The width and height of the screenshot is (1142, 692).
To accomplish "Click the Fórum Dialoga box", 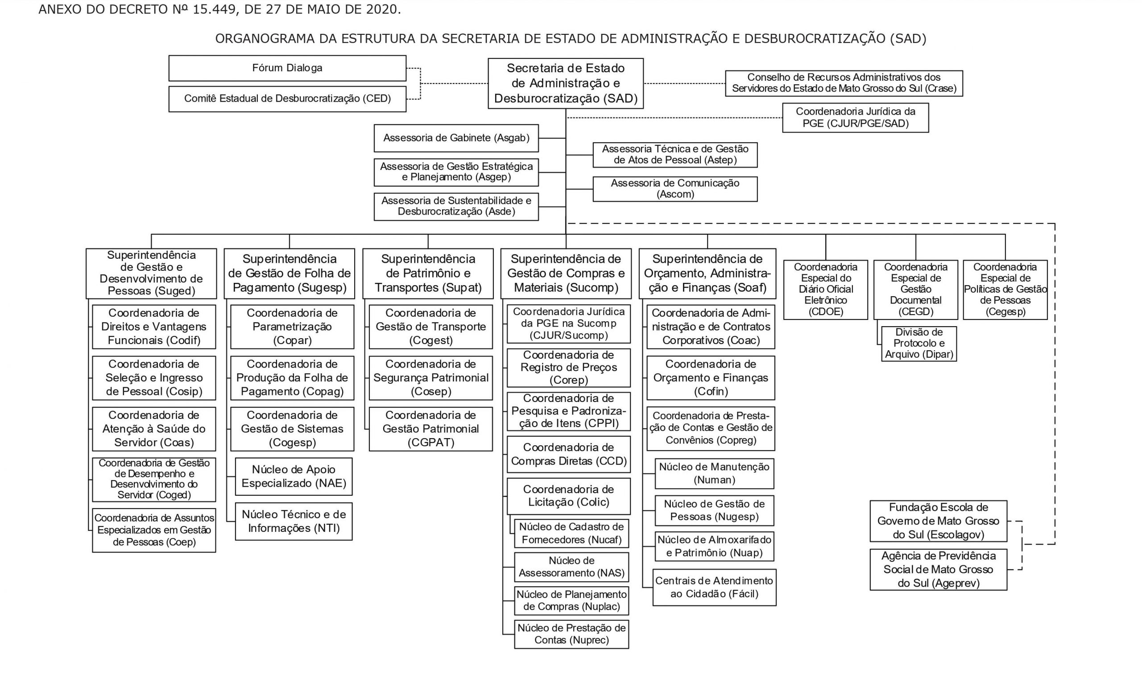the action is (287, 68).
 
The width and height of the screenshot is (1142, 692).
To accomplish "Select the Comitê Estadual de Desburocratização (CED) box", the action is (287, 99).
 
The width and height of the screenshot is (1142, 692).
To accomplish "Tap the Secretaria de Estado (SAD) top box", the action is (566, 83).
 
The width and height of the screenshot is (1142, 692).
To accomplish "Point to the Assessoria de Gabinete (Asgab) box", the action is (456, 138).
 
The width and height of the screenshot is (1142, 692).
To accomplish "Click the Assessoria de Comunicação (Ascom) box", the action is (675, 189).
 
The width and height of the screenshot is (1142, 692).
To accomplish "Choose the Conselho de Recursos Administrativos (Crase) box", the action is (844, 83).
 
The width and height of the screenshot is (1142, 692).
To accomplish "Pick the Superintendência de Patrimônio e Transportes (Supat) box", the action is (428, 273).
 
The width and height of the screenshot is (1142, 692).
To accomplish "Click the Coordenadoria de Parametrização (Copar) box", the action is (292, 327).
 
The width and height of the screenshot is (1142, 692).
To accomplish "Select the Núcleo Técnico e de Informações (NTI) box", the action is (294, 522).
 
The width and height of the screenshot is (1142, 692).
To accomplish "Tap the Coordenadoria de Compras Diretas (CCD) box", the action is (569, 454).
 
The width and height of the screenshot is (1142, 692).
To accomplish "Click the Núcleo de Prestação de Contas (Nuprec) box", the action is (571, 634).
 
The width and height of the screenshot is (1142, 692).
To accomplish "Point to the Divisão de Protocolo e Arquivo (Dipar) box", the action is (919, 344).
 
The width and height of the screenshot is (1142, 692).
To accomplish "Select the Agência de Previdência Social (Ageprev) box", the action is (938, 570).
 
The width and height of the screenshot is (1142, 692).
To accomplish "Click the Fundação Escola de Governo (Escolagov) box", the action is (938, 521).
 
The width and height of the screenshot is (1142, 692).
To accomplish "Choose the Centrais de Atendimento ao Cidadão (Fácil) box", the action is (714, 587).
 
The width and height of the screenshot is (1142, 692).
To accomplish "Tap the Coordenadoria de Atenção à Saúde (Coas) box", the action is (154, 429).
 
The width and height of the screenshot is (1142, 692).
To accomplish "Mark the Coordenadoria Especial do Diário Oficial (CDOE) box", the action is (825, 290).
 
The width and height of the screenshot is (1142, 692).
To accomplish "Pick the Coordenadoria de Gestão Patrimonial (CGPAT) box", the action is (430, 429).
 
